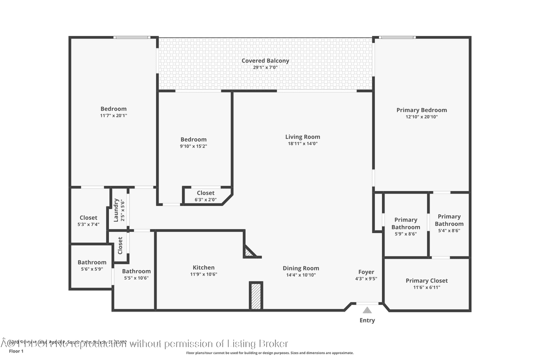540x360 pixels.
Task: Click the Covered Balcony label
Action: [265, 61]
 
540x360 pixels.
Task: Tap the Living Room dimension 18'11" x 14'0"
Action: [302, 143]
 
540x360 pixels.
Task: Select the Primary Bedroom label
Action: [421, 110]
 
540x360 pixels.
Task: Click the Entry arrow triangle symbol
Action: [367, 310]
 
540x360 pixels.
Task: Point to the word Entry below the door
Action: [367, 320]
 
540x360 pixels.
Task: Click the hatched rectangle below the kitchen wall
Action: [256, 296]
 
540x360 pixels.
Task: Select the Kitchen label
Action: [203, 267]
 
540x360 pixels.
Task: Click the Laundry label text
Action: [116, 209]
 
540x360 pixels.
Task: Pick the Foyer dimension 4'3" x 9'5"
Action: [366, 279]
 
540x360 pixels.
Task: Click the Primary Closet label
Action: [426, 280]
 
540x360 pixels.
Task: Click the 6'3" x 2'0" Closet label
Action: [205, 193]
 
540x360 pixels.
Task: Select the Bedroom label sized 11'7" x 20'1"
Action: [113, 108]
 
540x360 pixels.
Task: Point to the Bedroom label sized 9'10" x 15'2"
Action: [193, 139]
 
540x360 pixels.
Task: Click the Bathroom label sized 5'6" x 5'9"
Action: [92, 262]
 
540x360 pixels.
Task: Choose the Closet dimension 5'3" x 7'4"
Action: [89, 224]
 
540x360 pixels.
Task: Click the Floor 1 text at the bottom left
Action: [16, 351]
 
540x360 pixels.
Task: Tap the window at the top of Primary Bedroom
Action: [396, 37]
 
